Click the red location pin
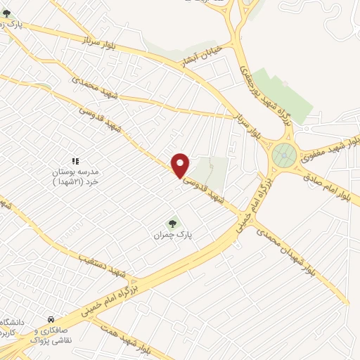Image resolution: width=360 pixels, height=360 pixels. (181, 165)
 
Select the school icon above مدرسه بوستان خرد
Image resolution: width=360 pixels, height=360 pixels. (75, 162)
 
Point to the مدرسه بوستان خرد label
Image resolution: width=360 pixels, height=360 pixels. (75, 176)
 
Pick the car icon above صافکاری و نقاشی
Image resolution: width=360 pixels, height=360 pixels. (50, 319)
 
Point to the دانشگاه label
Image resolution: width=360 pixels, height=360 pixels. (13, 323)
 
